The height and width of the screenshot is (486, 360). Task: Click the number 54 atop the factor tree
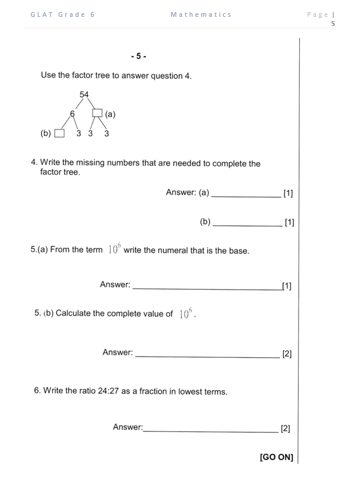click(84, 95)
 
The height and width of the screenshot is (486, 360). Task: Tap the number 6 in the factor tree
click(72, 113)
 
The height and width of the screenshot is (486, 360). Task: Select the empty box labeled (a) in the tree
click(97, 113)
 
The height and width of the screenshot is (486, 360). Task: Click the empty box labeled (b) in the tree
click(59, 134)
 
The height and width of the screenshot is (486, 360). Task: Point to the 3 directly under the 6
click(79, 134)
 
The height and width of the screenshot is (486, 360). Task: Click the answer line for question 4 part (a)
click(246, 194)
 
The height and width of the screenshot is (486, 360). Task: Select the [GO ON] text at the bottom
click(276, 458)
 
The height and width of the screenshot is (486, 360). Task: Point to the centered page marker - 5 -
click(138, 57)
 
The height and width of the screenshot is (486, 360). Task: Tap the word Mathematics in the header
click(201, 14)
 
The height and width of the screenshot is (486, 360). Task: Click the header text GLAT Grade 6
click(63, 14)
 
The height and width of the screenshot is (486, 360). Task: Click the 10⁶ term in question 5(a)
click(114, 249)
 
